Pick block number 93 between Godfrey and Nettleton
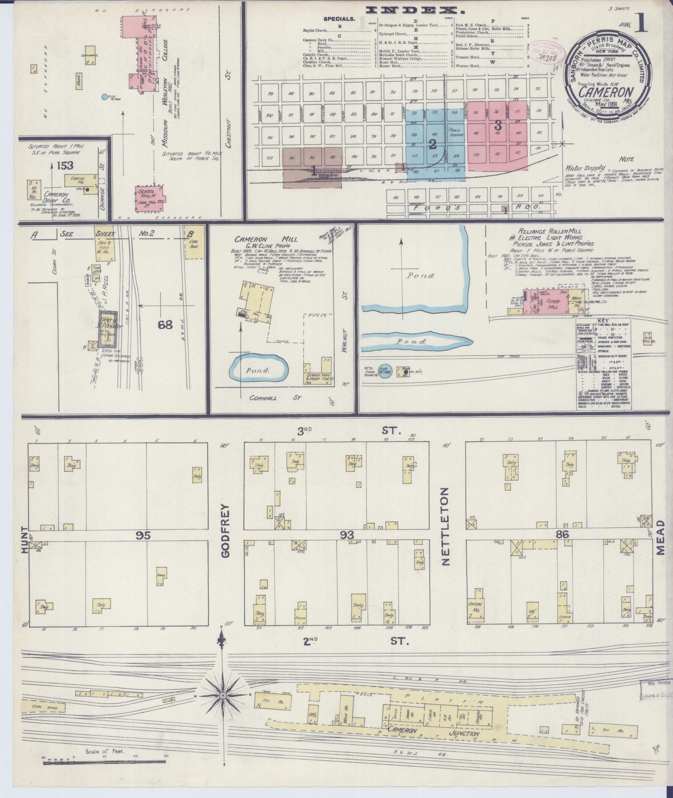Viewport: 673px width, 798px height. (x=347, y=535)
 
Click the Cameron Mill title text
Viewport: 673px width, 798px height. (x=265, y=239)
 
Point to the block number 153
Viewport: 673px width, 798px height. (x=65, y=166)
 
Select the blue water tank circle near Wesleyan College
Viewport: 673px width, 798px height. (x=104, y=97)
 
